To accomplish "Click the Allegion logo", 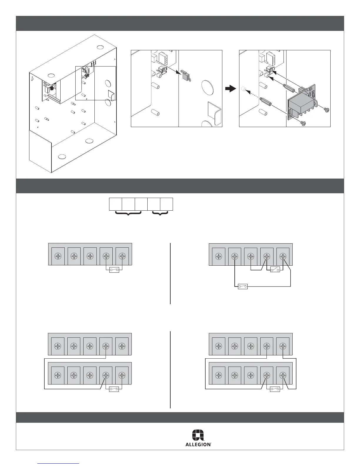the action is (x=198, y=438).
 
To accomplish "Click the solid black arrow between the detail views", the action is (x=231, y=89).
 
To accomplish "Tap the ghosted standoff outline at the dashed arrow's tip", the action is (x=243, y=89).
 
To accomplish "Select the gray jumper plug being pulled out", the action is (x=185, y=76).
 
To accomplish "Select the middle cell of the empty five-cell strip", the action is (x=141, y=204).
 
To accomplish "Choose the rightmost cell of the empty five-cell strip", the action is (x=166, y=204).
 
